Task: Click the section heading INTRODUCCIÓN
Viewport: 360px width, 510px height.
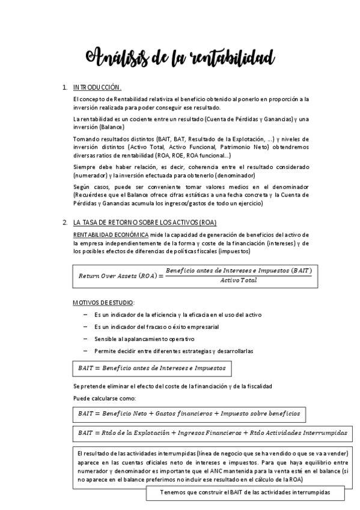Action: click(97, 88)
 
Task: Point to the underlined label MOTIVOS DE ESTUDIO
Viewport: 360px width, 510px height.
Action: click(103, 302)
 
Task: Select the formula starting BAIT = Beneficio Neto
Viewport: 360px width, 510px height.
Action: click(189, 414)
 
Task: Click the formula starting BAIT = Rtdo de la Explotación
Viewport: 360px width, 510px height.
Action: click(212, 432)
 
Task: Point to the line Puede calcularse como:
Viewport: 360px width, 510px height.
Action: click(104, 398)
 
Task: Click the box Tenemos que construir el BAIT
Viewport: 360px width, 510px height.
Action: click(245, 493)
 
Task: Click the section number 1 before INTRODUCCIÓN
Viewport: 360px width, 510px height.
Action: click(64, 88)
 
